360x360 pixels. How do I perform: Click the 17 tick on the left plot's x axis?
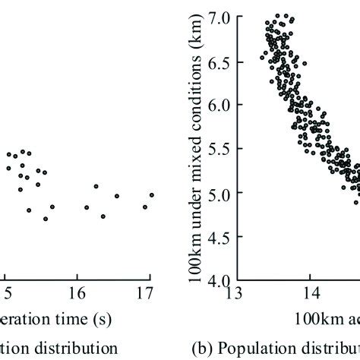(150, 294)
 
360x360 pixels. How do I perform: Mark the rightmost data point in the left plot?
(152, 195)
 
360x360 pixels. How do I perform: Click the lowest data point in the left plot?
(46, 219)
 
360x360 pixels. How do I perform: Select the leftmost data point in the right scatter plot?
(262, 56)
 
